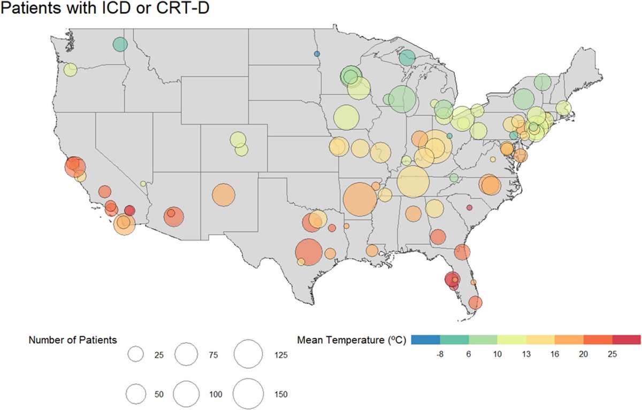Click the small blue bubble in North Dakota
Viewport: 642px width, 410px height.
[317, 54]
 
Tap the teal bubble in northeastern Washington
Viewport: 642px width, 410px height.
[120, 44]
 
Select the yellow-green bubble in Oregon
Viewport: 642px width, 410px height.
[70, 69]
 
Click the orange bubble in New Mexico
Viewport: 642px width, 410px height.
[224, 195]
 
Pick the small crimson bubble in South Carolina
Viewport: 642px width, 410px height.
[469, 207]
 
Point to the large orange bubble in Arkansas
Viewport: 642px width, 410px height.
[360, 199]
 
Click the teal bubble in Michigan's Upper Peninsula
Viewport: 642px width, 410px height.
[407, 58]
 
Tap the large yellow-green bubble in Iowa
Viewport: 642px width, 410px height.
[346, 118]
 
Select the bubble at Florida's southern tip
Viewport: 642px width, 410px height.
[476, 303]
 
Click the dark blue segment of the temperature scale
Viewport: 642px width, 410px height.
[425, 339]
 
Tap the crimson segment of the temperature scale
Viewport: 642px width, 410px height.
[626, 339]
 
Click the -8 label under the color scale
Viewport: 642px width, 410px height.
[440, 354]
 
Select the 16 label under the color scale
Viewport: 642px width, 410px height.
[555, 354]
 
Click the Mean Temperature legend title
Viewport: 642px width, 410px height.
[351, 340]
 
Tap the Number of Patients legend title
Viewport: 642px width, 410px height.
[73, 340]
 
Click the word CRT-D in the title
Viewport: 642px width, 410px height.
[182, 7]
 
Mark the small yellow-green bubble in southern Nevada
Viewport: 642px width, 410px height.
[143, 183]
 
